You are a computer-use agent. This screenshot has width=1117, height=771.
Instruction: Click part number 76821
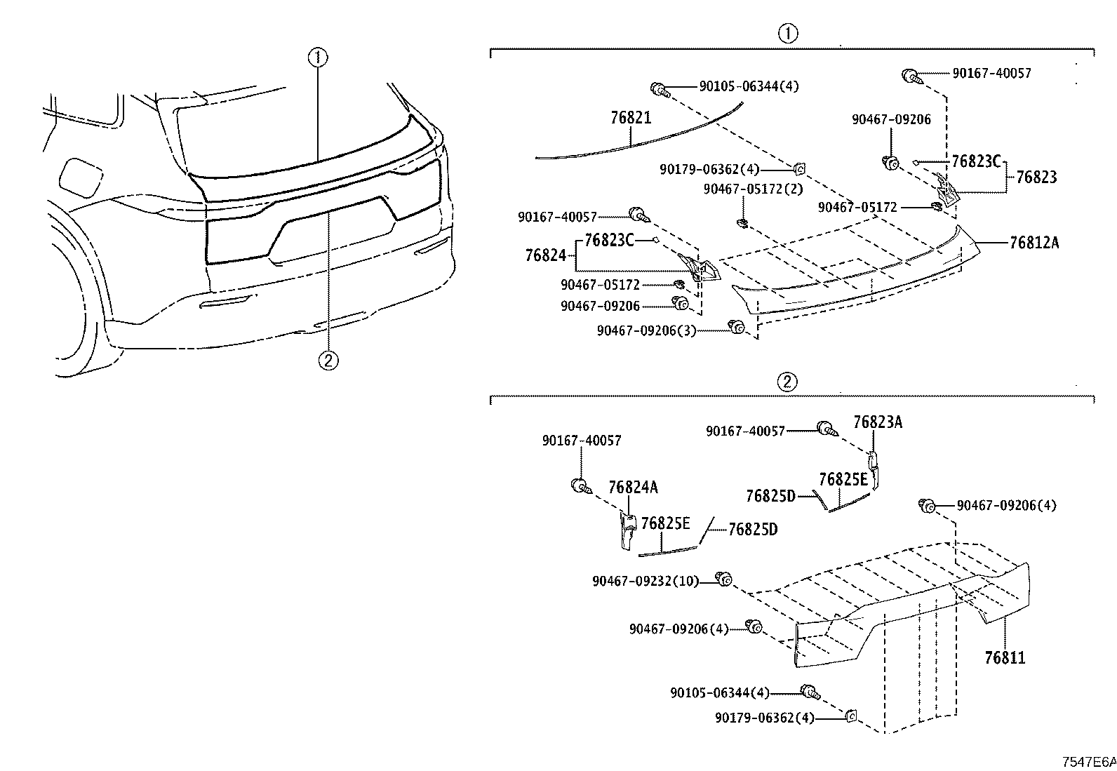click(631, 118)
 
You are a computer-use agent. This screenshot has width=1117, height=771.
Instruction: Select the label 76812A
click(1034, 242)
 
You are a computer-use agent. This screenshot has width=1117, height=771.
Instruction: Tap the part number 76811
click(1005, 658)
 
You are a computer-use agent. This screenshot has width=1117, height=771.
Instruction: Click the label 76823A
click(878, 422)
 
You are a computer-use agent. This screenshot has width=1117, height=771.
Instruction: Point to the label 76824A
click(634, 488)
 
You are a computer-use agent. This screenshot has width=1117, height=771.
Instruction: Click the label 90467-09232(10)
click(646, 581)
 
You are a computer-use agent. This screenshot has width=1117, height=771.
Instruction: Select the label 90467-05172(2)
click(754, 189)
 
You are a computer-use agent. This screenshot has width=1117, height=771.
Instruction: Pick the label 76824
click(546, 255)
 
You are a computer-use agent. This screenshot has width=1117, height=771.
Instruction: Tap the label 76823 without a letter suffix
click(1037, 177)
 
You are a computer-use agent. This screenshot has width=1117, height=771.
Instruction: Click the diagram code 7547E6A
click(1089, 762)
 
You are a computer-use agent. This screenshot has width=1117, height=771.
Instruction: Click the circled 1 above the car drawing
click(318, 58)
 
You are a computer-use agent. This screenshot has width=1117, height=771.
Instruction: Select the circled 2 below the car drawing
click(328, 360)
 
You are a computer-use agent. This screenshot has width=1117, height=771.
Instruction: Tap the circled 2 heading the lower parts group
click(787, 382)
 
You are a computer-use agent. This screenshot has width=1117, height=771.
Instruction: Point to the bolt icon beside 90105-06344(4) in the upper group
click(660, 90)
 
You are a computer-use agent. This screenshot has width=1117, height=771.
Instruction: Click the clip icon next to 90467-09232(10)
click(724, 579)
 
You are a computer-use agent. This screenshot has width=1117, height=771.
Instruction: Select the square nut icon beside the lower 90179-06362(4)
click(851, 716)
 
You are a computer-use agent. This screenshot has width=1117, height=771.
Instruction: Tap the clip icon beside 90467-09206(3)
click(736, 327)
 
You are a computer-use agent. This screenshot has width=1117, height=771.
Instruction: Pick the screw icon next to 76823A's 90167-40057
click(827, 429)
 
